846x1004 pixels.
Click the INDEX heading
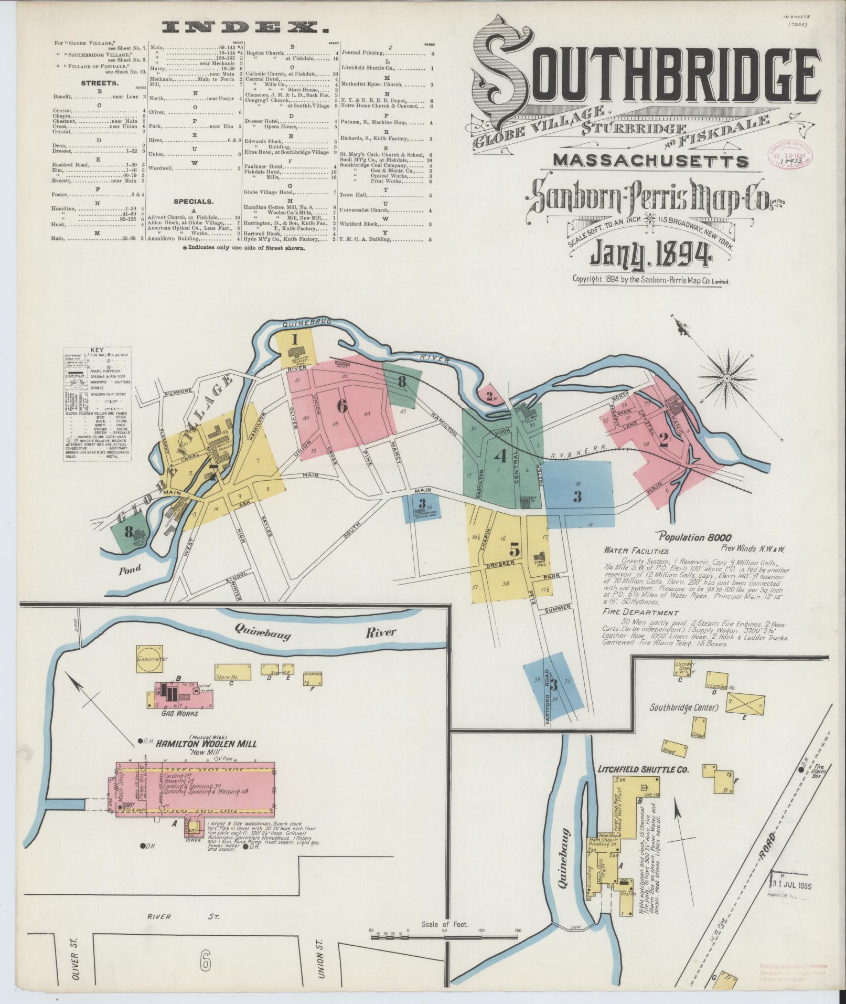(x=242, y=27)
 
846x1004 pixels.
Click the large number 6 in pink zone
(x=342, y=405)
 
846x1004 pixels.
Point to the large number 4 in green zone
(x=501, y=457)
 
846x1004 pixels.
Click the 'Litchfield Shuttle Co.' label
(x=642, y=769)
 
